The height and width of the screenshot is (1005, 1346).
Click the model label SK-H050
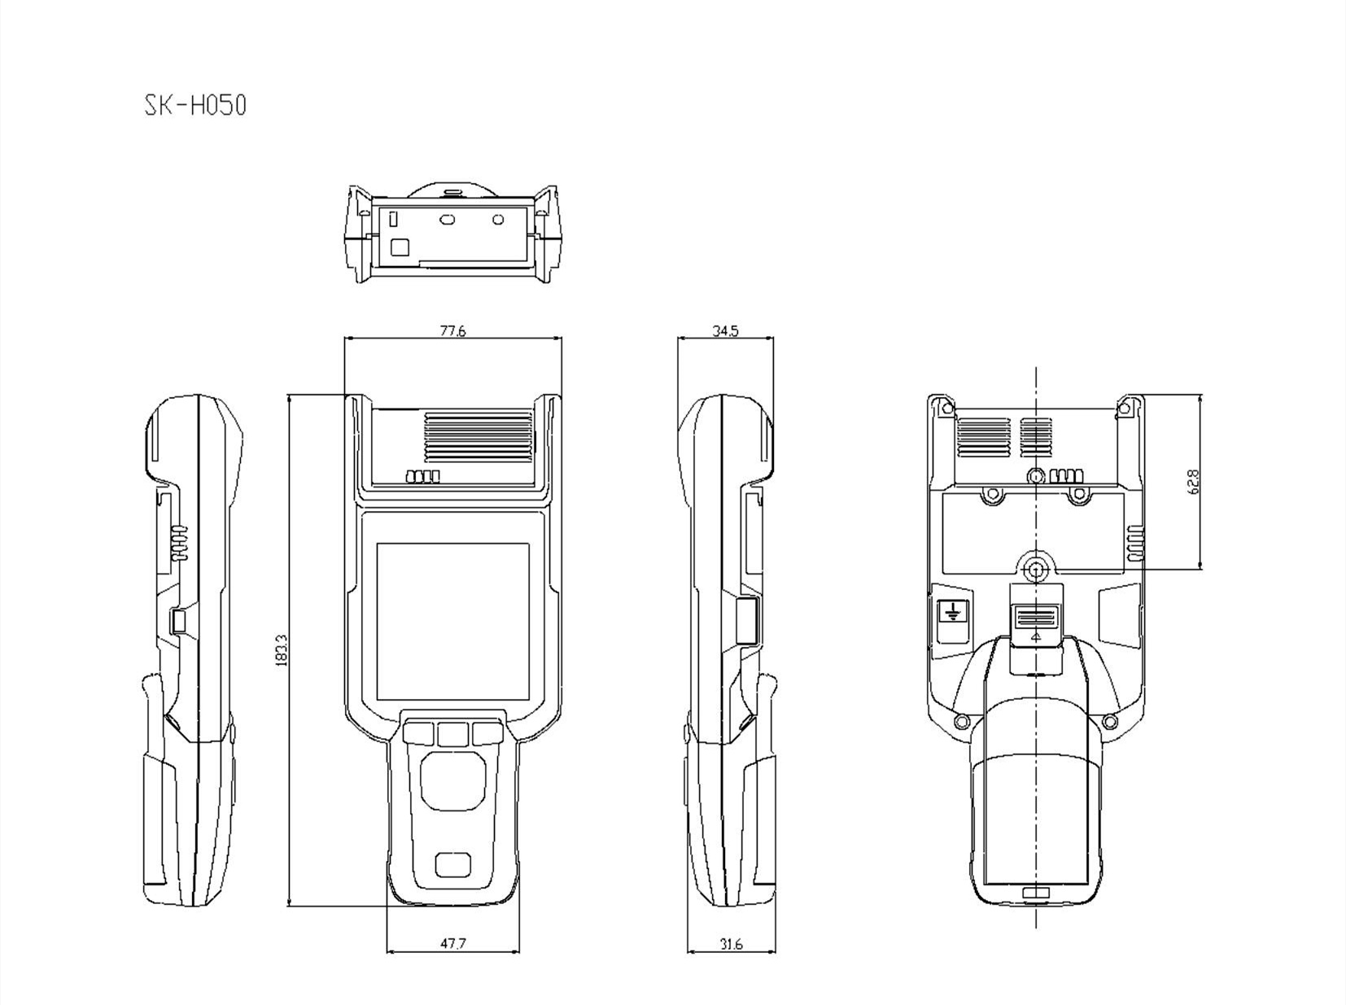(195, 105)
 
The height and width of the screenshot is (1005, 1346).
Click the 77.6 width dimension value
(452, 330)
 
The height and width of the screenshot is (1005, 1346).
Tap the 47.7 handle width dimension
(453, 944)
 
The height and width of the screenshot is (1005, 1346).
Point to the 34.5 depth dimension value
(724, 330)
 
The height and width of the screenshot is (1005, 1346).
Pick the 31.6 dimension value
(731, 944)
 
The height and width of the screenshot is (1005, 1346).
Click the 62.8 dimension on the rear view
(1194, 482)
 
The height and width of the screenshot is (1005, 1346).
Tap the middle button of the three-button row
(452, 734)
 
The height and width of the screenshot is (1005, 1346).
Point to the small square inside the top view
(400, 247)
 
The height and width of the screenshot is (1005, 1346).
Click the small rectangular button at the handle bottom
(452, 864)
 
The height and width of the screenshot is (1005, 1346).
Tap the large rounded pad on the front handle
(452, 780)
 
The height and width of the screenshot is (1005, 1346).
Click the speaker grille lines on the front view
(479, 437)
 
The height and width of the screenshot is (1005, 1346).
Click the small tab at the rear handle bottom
(1035, 894)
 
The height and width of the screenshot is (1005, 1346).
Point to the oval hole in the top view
(446, 219)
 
